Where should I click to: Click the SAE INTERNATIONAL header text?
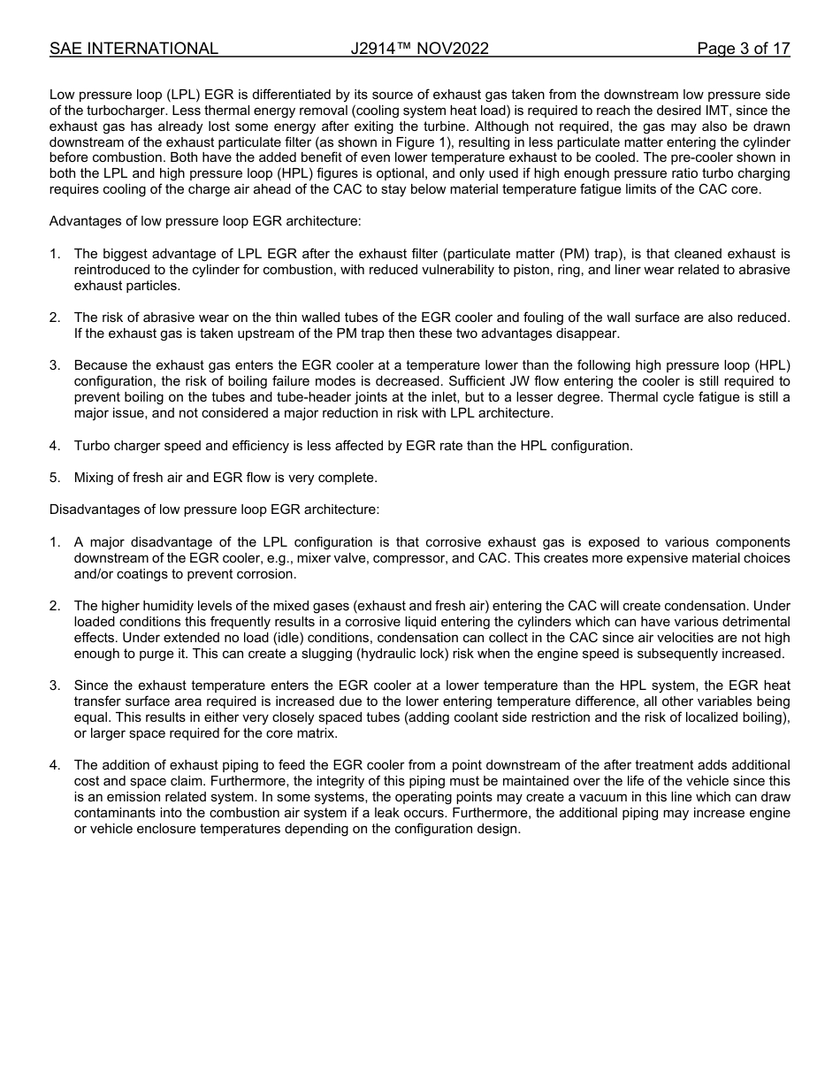pyautogui.click(x=134, y=49)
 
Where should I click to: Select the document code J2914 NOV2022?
pyautogui.click(x=419, y=49)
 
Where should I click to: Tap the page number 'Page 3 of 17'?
pyautogui.click(x=743, y=49)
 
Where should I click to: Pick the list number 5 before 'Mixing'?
pyautogui.click(x=55, y=478)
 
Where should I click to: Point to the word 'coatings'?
pyautogui.click(x=136, y=574)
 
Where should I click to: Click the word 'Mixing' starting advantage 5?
pyautogui.click(x=96, y=478)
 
